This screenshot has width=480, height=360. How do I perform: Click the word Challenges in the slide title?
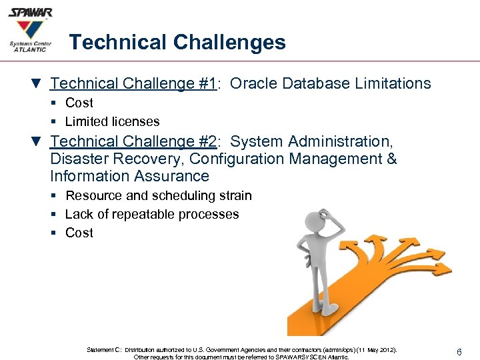point(229,43)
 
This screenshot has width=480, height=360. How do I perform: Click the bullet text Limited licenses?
point(112,121)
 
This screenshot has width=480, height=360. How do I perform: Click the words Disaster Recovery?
point(117,159)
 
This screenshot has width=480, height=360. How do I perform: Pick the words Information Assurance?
point(129,176)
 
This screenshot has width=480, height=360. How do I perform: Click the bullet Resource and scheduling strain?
point(159,195)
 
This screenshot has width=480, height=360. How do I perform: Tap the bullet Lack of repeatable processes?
point(152,214)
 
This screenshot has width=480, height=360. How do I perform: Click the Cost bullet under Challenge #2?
point(79,233)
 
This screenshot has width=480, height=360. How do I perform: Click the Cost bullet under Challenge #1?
point(79,103)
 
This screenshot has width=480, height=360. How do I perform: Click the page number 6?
point(460,351)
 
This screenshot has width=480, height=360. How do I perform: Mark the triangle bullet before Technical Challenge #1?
point(37,84)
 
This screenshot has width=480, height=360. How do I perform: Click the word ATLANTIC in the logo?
point(31,49)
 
